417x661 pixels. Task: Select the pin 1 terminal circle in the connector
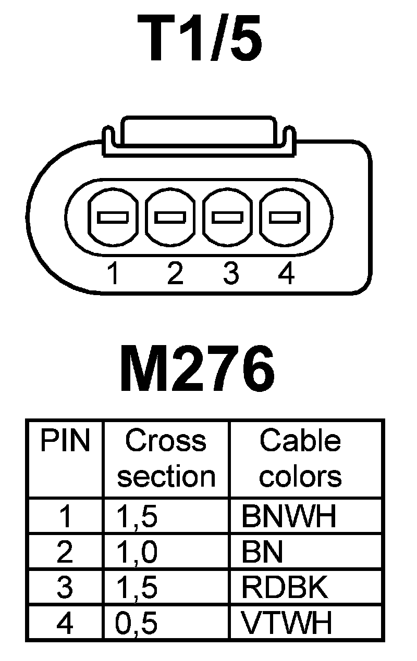pos(113,217)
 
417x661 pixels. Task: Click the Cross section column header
pos(166,459)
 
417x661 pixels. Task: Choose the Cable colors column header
pos(300,459)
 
